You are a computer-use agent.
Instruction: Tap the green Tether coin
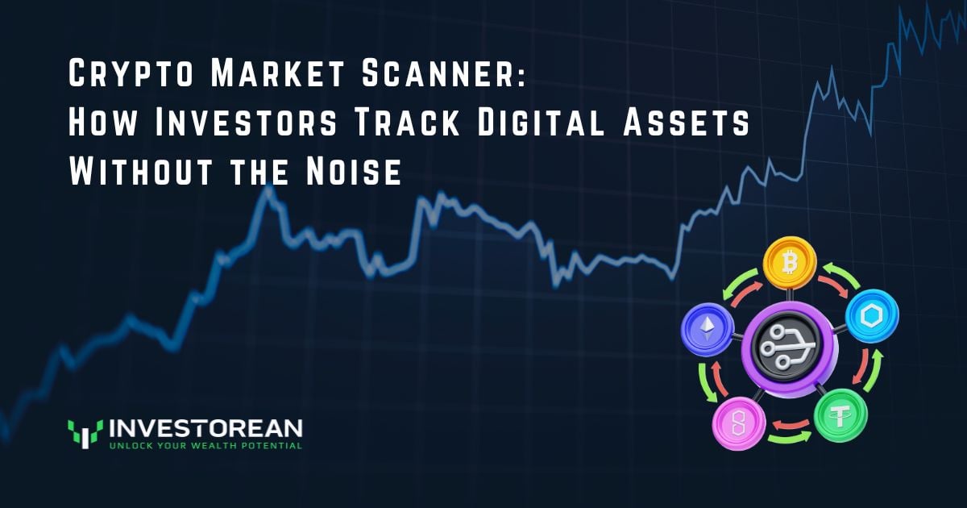[841, 415]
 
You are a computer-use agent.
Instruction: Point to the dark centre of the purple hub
[778, 348]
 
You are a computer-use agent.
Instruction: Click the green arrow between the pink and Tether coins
[790, 438]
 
